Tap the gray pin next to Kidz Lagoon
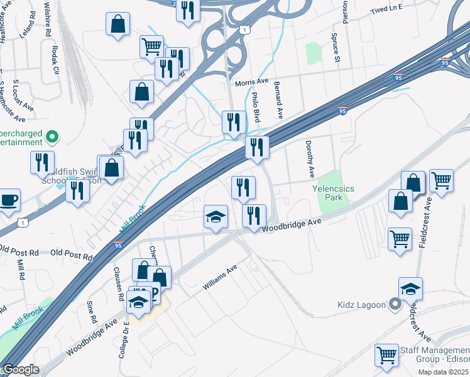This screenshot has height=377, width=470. tap(395, 305)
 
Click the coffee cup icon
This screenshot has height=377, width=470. tap(9, 200)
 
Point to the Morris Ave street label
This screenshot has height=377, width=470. tap(251, 82)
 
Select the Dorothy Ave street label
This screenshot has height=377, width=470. tap(310, 158)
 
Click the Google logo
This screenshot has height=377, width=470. tap(21, 370)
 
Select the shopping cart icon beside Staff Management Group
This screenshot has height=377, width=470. tap(386, 355)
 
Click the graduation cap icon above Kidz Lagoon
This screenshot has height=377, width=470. tap(410, 288)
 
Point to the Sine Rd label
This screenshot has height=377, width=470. tap(93, 311)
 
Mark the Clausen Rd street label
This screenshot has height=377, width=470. tap(117, 278)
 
